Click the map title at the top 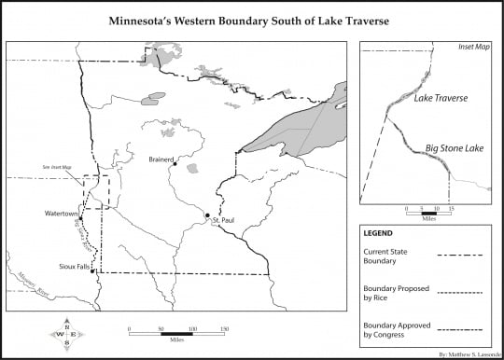point(251,18)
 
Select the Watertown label point(61,214)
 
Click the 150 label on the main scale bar point(223,327)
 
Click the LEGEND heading point(379,233)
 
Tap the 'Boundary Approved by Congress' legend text point(393,329)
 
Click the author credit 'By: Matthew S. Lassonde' point(467,354)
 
